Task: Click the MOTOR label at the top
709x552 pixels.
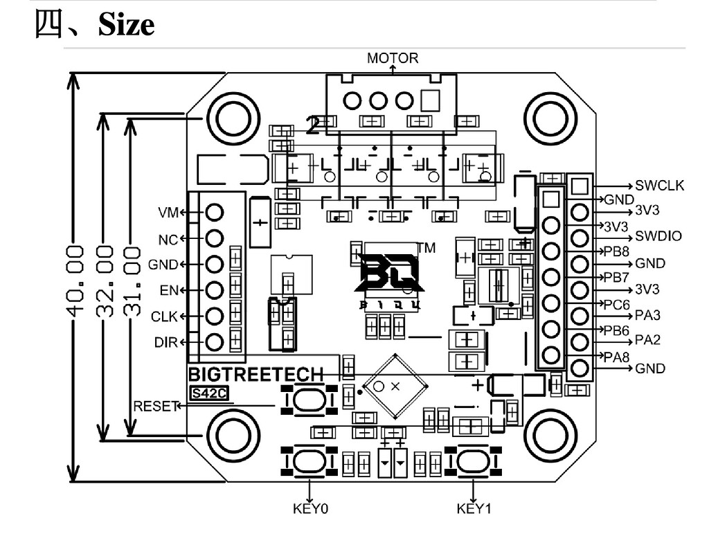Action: click(x=393, y=58)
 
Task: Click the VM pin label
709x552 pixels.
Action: click(x=168, y=212)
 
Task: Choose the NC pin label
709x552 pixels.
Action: click(x=168, y=239)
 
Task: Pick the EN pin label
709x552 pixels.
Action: click(x=170, y=290)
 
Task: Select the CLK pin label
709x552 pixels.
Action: click(x=165, y=317)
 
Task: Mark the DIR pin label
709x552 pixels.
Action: click(x=166, y=342)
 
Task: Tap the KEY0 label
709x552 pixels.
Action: click(x=310, y=509)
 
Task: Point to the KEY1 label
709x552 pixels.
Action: click(x=474, y=509)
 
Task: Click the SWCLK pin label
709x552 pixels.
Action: click(x=659, y=186)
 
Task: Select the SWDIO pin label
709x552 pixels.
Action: click(x=658, y=236)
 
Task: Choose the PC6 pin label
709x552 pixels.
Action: click(x=616, y=303)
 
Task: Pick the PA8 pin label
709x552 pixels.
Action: click(x=616, y=357)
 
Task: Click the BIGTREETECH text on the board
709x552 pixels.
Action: click(x=256, y=375)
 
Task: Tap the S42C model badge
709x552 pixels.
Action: click(x=209, y=393)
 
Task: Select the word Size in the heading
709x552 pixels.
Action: click(x=126, y=26)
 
